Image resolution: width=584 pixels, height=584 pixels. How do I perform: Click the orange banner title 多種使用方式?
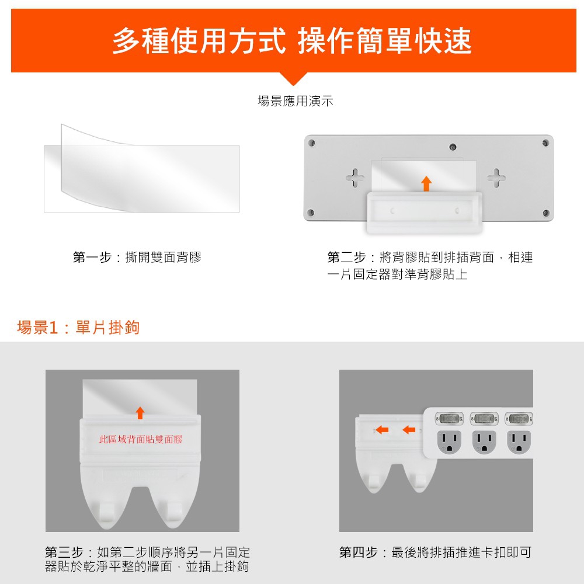click(199, 41)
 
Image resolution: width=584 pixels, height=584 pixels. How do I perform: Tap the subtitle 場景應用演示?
click(296, 101)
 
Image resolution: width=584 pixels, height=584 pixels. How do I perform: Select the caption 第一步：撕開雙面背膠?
click(137, 258)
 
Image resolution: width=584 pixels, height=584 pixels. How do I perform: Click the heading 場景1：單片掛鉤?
click(78, 328)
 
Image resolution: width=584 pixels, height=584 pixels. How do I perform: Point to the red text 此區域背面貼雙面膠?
click(141, 440)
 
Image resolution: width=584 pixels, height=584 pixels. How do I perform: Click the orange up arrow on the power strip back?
click(426, 183)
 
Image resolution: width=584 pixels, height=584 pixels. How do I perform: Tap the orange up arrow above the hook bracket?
click(140, 413)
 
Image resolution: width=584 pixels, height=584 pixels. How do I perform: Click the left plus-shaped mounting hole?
click(355, 178)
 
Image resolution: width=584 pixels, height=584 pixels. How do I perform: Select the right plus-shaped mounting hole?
click(496, 178)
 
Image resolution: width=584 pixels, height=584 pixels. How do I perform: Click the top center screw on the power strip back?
click(453, 147)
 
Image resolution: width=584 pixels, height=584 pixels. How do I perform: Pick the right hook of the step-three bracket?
click(174, 510)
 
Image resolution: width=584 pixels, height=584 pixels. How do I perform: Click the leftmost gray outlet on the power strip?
click(449, 442)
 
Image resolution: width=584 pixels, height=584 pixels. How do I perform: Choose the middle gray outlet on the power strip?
click(484, 442)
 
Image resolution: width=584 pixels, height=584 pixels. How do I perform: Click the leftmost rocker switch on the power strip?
click(449, 419)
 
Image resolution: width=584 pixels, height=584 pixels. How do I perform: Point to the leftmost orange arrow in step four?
click(382, 430)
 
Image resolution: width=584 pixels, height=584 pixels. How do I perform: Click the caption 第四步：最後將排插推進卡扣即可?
click(436, 552)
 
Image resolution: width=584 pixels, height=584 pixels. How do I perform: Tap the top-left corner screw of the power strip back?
click(312, 142)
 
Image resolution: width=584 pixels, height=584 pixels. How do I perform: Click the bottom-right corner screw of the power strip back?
click(546, 213)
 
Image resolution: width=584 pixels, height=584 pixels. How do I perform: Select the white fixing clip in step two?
click(425, 213)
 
